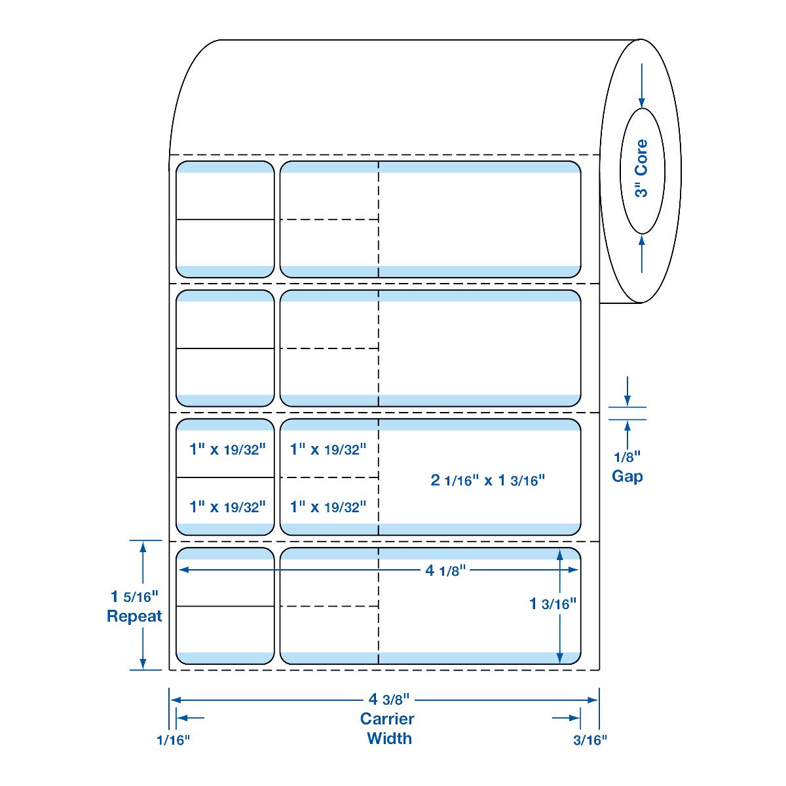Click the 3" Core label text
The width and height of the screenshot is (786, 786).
(x=641, y=168)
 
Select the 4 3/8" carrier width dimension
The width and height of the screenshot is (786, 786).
(x=385, y=699)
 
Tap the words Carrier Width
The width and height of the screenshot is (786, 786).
(x=388, y=728)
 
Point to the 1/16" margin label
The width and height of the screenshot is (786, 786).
(x=173, y=740)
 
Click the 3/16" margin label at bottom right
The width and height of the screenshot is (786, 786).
(x=589, y=740)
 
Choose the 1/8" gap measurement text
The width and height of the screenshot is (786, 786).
(x=627, y=456)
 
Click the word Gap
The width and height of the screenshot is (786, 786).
(x=627, y=476)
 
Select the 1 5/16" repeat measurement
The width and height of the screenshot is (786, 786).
(x=134, y=597)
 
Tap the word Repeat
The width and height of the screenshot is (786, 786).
(x=134, y=616)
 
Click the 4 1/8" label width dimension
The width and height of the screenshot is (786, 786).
(x=445, y=571)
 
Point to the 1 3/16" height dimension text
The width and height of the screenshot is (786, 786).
(x=552, y=604)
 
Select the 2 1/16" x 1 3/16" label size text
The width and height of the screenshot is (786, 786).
(x=488, y=480)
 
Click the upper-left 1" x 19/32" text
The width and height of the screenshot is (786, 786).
(x=227, y=449)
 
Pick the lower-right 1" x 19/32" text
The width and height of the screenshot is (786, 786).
(x=327, y=506)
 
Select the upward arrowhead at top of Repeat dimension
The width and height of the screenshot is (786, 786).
(x=141, y=547)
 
